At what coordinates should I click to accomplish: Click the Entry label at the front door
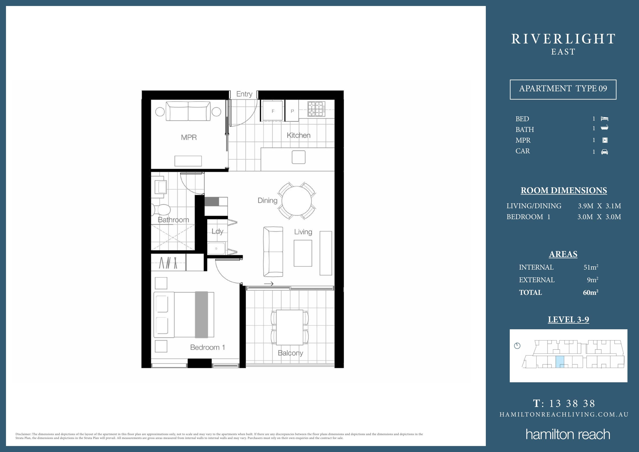pyautogui.click(x=244, y=94)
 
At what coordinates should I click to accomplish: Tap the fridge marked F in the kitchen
pyautogui.click(x=273, y=111)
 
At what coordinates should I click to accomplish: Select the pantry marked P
pyautogui.click(x=292, y=111)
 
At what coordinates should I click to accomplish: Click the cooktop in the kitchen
pyautogui.click(x=316, y=109)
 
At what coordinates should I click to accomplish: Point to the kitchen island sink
pyautogui.click(x=298, y=157)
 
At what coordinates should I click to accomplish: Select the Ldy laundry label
pyautogui.click(x=217, y=231)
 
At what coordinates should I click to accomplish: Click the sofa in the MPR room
pyautogui.click(x=188, y=111)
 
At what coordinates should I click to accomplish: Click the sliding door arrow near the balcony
pyautogui.click(x=269, y=284)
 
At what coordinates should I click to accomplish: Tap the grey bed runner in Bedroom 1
pyautogui.click(x=201, y=315)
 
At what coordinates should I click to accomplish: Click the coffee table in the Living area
pyautogui.click(x=303, y=253)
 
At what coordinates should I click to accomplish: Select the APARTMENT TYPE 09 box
pyautogui.click(x=563, y=89)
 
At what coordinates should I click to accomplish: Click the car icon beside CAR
pyautogui.click(x=604, y=152)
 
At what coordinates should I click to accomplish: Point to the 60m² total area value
pyautogui.click(x=590, y=292)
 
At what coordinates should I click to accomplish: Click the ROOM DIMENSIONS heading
pyautogui.click(x=564, y=191)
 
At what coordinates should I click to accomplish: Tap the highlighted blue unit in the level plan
pyautogui.click(x=560, y=362)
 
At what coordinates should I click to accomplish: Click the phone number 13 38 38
pyautogui.click(x=572, y=403)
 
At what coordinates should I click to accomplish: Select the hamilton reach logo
pyautogui.click(x=568, y=435)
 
